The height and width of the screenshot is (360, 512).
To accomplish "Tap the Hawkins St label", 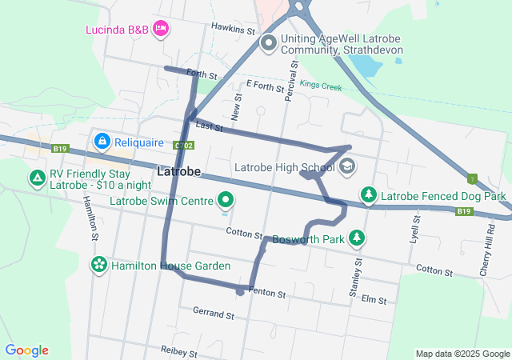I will click(233, 29).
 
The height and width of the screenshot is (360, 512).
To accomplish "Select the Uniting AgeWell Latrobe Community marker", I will click(269, 42).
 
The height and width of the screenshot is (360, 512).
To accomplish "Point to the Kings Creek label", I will click(322, 85).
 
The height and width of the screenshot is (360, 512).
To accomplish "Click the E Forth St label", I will click(265, 84).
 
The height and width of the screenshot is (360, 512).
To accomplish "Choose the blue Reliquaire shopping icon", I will click(102, 142).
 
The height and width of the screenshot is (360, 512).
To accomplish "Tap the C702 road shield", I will click(183, 145).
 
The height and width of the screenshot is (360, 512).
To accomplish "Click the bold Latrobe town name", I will click(179, 172).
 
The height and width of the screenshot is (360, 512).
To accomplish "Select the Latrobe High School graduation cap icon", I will click(346, 166).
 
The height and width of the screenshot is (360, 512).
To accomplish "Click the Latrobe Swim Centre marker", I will click(226, 200).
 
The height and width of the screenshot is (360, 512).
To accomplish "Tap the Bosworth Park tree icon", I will click(357, 238).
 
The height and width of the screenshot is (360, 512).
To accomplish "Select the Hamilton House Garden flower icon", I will click(99, 265).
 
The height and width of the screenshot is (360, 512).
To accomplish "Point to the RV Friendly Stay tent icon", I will click(37, 178).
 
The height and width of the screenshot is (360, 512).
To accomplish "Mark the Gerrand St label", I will click(213, 314).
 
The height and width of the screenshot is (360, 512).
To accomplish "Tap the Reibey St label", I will click(178, 351).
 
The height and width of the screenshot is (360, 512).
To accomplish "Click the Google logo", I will click(27, 350).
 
